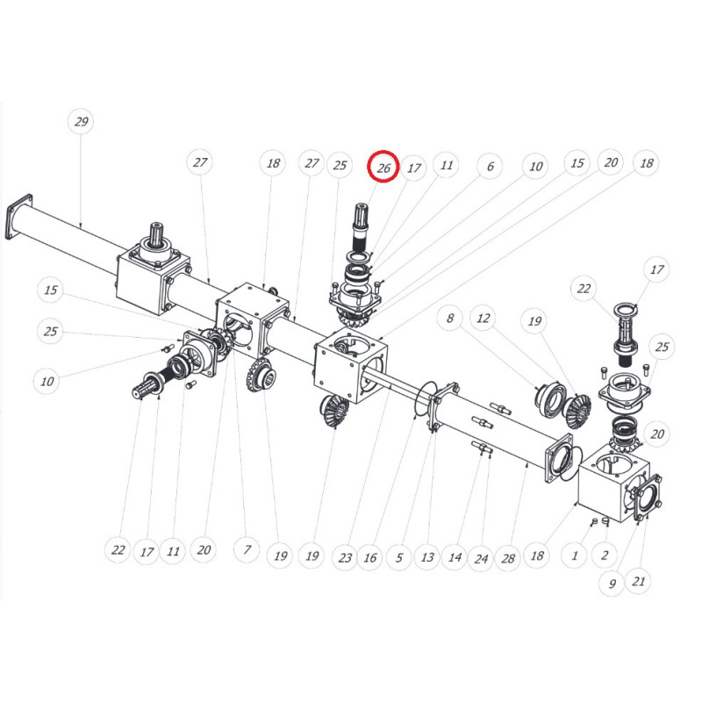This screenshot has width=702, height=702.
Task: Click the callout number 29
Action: pos(81,121)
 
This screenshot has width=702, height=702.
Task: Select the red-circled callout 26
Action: pos(383,168)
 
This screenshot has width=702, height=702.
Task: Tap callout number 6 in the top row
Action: pos(490,166)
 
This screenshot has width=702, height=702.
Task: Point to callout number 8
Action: pos(450,318)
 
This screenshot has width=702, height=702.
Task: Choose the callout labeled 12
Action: pos(484,318)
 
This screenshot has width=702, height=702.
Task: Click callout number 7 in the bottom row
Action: pos(247,549)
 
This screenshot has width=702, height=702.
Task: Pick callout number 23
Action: pos(345,557)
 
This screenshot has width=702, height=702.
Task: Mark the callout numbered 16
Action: pos(369,557)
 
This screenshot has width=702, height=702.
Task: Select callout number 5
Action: pos(399,557)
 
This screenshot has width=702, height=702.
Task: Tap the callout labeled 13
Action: pos(427,557)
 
